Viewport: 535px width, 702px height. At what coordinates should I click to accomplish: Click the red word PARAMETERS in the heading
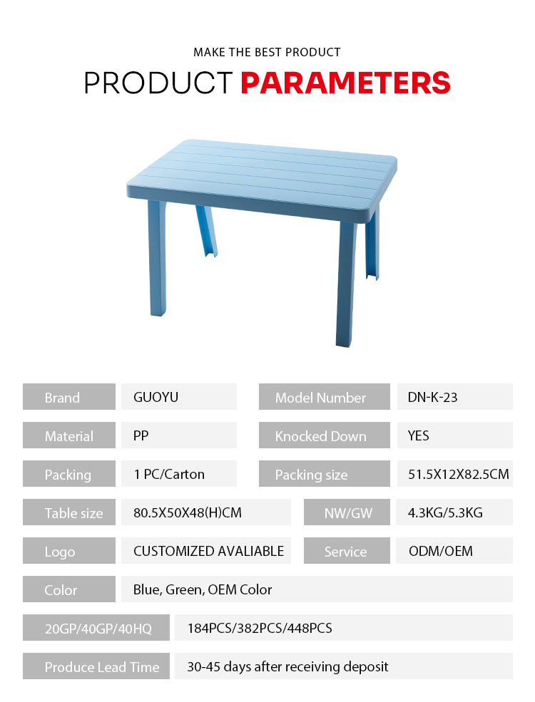click(345, 83)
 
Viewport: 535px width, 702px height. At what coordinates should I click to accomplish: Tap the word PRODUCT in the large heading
click(158, 83)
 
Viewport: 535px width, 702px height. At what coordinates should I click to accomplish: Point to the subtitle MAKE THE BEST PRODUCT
click(267, 52)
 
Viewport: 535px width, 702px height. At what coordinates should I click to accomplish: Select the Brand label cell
click(69, 397)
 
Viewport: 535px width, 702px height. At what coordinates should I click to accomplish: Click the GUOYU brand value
click(156, 397)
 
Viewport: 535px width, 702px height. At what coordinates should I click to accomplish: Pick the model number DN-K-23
click(432, 397)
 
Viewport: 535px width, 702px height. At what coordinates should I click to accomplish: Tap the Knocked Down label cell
click(325, 435)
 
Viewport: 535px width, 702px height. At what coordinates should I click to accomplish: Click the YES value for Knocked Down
click(419, 435)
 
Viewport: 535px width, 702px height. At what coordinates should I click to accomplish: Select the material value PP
click(141, 435)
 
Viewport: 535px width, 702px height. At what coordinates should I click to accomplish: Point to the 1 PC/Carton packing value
click(169, 474)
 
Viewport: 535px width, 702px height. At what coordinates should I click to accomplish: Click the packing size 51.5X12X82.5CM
click(459, 474)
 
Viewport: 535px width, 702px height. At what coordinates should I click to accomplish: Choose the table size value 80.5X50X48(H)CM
click(188, 512)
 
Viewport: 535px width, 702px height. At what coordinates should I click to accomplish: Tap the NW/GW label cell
click(347, 512)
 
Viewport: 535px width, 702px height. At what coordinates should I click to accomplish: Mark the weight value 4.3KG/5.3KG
click(445, 512)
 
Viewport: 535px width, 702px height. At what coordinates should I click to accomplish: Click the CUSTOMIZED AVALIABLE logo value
click(209, 551)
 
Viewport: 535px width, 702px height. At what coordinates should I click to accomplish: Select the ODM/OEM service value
click(440, 551)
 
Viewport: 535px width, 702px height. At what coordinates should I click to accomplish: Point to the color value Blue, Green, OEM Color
click(203, 589)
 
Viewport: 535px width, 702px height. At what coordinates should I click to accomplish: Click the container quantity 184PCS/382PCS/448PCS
click(260, 628)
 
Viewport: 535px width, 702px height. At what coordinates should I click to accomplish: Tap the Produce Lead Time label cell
click(96, 666)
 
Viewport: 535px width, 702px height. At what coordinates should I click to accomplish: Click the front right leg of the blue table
click(346, 282)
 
